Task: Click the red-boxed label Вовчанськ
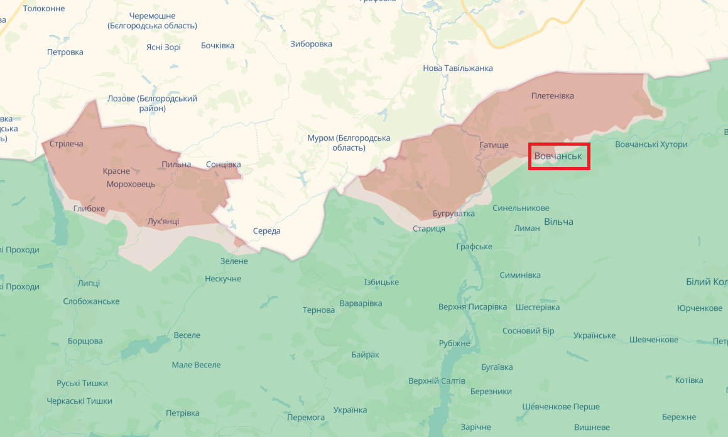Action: [558, 156]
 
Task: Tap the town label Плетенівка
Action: [552, 96]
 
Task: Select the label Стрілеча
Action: [66, 144]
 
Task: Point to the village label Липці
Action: [89, 283]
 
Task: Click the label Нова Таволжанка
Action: [457, 68]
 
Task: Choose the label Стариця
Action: [429, 229]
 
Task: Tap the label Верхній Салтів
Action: [437, 381]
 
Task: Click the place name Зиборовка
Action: [311, 44]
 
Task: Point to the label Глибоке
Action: [89, 208]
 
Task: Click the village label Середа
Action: [266, 231]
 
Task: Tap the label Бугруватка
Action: [454, 213]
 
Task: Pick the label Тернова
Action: [318, 310]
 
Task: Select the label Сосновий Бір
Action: [529, 331]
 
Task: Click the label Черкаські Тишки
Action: [79, 401]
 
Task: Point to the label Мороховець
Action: [131, 184]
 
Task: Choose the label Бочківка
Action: [217, 45]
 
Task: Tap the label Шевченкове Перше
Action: [561, 406]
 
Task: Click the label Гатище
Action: [494, 145]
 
